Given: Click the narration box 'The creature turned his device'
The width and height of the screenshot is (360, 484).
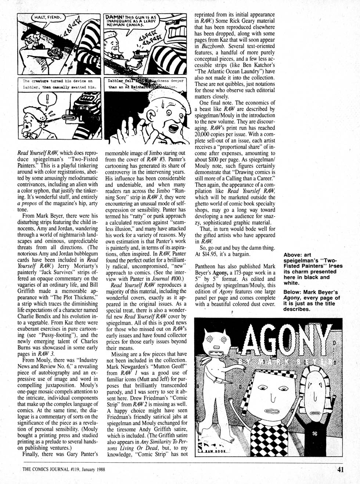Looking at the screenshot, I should (58, 84).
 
